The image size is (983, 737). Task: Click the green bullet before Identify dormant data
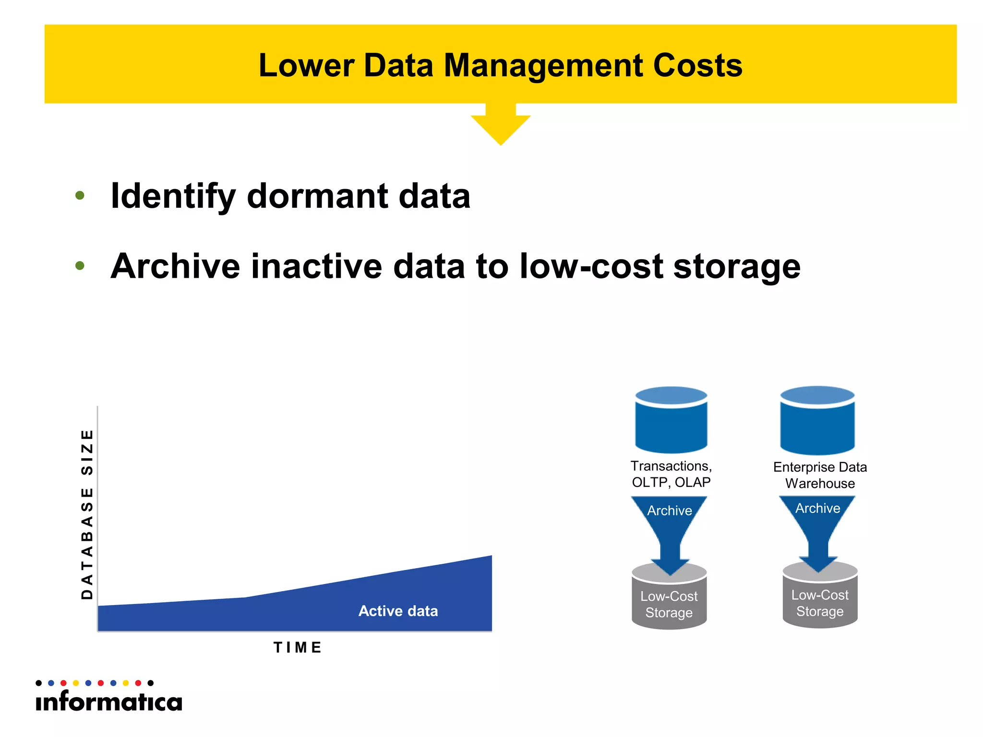[x=80, y=195]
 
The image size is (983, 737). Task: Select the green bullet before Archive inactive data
[x=80, y=265]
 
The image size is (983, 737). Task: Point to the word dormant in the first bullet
[x=317, y=196]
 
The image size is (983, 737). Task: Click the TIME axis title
[x=298, y=647]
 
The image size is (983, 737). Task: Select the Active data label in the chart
[x=398, y=611]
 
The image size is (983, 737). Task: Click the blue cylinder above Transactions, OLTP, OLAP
[x=671, y=420]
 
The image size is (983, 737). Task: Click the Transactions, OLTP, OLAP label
[x=671, y=474]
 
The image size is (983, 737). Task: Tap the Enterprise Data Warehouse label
[x=820, y=475]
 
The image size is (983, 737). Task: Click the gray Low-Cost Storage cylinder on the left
[x=669, y=602]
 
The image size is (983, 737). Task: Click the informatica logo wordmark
[x=109, y=701]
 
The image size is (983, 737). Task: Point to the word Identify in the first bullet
[x=173, y=196]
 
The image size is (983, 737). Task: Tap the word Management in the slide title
[x=543, y=65]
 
